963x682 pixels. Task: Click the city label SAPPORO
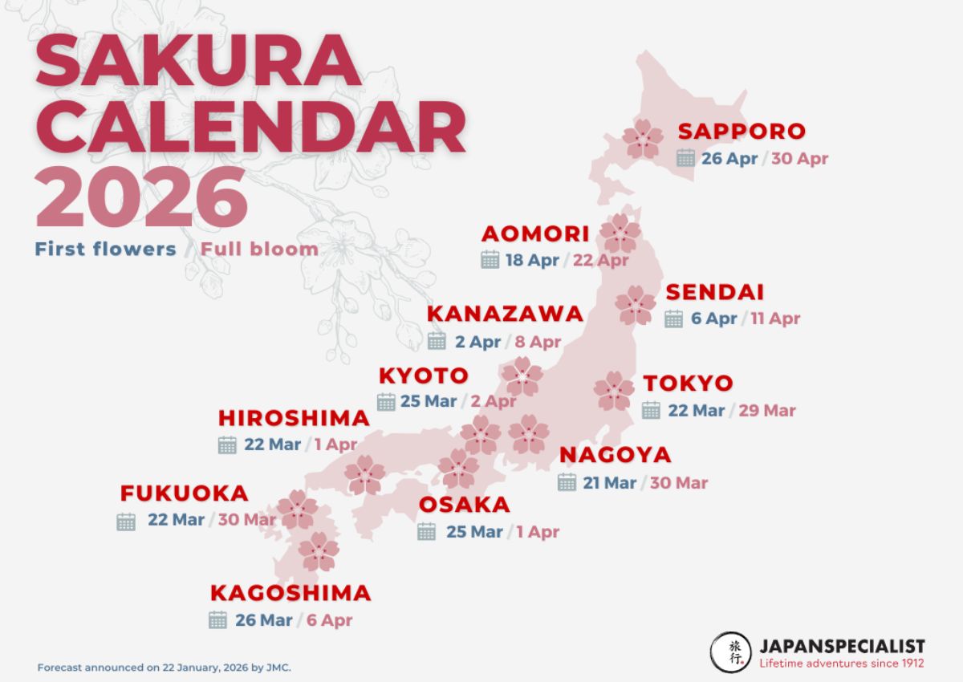pos(742,132)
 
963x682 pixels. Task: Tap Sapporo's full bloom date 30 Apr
pos(799,158)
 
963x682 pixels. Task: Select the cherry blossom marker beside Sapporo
pos(643,139)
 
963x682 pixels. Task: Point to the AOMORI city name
pos(535,234)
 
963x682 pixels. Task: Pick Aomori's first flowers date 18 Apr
pos(532,261)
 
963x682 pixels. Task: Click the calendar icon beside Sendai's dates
pos(674,319)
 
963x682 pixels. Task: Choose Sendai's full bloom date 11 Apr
pos(775,319)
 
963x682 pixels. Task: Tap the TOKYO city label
pos(689,384)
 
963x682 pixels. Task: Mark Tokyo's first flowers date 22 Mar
pos(697,410)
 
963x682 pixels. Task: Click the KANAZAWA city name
pos(505,314)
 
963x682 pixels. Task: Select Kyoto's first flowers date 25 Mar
pos(429,401)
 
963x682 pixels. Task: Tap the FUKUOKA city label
pos(185,493)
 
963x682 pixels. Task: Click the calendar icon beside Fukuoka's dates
pos(126,522)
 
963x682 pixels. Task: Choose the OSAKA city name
pos(465,505)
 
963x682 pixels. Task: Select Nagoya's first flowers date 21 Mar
pos(610,482)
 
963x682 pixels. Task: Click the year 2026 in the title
pos(141,198)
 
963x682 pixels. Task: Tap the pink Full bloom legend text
pos(259,249)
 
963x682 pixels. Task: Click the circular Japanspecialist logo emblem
pos(730,652)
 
